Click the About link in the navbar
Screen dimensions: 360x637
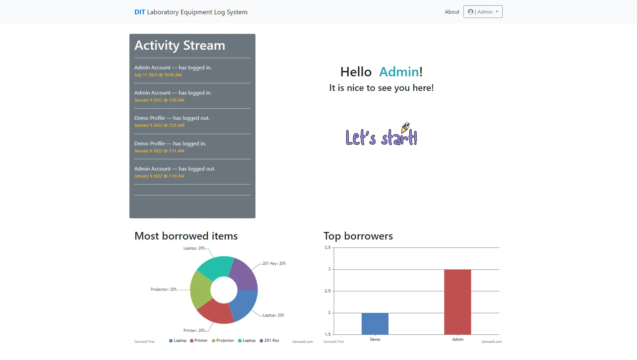pyautogui.click(x=452, y=12)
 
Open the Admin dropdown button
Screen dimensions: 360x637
pyautogui.click(x=483, y=12)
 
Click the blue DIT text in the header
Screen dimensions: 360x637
pyautogui.click(x=140, y=12)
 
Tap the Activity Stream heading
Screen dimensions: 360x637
pyautogui.click(x=179, y=45)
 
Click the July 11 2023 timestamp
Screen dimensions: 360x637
pyautogui.click(x=158, y=75)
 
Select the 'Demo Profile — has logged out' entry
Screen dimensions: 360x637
pyautogui.click(x=172, y=118)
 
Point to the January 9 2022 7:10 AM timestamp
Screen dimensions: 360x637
pyautogui.click(x=159, y=176)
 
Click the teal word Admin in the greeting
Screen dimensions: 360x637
pyautogui.click(x=399, y=72)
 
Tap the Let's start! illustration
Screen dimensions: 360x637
pyautogui.click(x=381, y=135)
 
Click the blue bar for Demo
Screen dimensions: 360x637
pyautogui.click(x=375, y=324)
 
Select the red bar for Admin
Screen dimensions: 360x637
pyautogui.click(x=458, y=302)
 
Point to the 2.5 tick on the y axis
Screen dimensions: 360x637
pyautogui.click(x=327, y=291)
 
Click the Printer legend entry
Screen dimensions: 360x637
pyautogui.click(x=199, y=340)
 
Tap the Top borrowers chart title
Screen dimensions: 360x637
pyautogui.click(x=358, y=236)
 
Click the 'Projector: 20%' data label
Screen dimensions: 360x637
pyautogui.click(x=164, y=289)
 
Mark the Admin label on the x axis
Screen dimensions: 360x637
pyautogui.click(x=458, y=339)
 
